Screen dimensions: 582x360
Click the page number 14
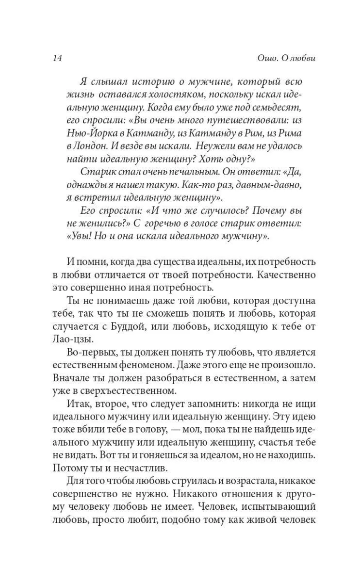point(57,58)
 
